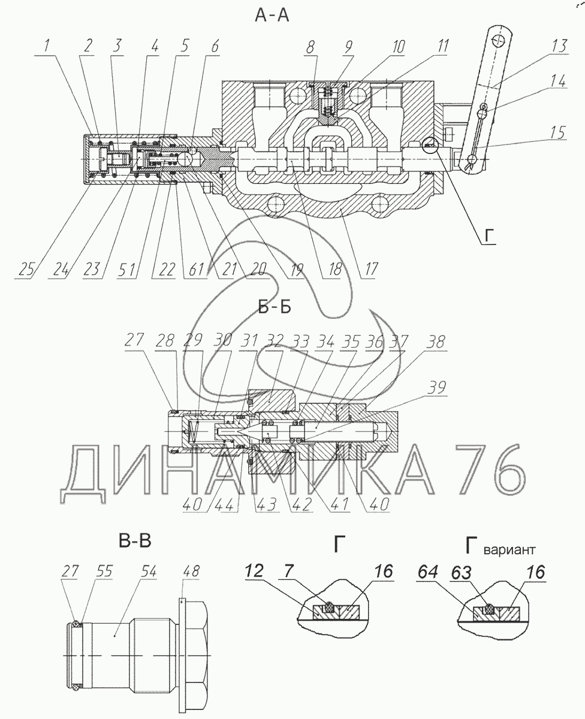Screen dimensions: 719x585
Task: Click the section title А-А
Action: [272, 16]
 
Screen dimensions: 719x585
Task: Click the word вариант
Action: [511, 549]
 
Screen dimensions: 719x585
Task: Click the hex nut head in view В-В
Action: [195, 641]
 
